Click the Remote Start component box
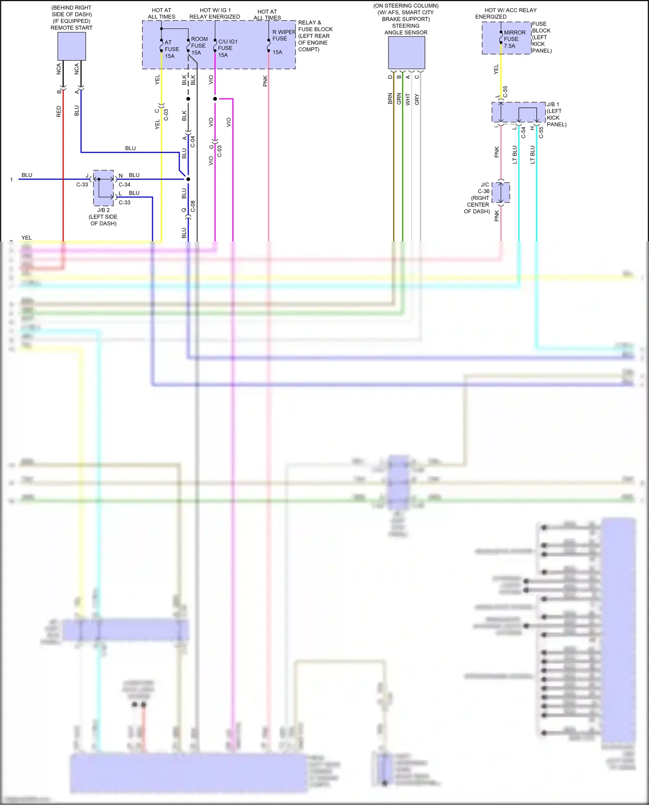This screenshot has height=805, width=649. pyautogui.click(x=72, y=46)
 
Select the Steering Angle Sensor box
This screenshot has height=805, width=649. pyautogui.click(x=406, y=53)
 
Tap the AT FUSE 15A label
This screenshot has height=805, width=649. pyautogui.click(x=171, y=49)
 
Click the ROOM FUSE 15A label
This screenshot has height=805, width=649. pyautogui.click(x=199, y=46)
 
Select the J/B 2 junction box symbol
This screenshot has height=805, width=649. pyautogui.click(x=104, y=188)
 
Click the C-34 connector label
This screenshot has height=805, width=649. pyautogui.click(x=125, y=185)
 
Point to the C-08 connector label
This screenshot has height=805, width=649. pyautogui.click(x=193, y=206)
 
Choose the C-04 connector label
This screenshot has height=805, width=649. pyautogui.click(x=193, y=141)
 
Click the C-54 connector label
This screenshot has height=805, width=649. pyautogui.click(x=523, y=132)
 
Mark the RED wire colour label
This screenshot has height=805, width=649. pyautogui.click(x=59, y=112)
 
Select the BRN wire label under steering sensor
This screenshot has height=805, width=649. pyautogui.click(x=390, y=99)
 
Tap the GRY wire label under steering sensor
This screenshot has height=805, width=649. pyautogui.click(x=417, y=99)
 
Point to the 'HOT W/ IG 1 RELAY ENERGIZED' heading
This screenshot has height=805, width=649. pyautogui.click(x=215, y=13)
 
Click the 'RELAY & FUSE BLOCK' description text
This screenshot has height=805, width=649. pyautogui.click(x=315, y=36)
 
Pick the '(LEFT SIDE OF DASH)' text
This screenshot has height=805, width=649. pyautogui.click(x=103, y=220)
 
